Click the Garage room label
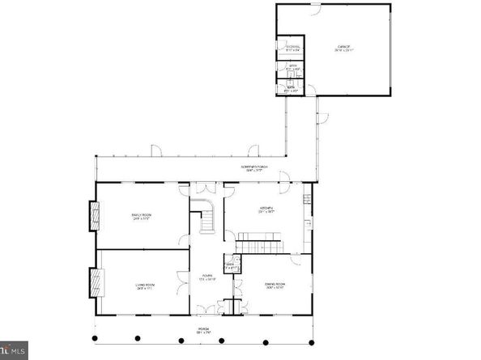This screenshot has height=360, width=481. (x=343, y=49)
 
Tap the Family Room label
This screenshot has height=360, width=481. (x=142, y=216)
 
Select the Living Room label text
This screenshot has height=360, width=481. (x=144, y=286)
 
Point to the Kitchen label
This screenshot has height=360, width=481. (x=264, y=210)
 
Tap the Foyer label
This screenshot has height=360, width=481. (x=207, y=277)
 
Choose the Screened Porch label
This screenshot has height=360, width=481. (x=254, y=168)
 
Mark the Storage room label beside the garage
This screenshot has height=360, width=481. (x=292, y=48)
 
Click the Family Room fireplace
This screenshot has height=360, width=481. (x=93, y=216)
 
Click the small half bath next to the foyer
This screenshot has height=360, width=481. (x=230, y=265)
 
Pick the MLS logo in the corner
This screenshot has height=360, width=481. (x=14, y=351)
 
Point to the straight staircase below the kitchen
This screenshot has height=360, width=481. (x=259, y=243)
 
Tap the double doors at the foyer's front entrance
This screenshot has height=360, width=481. (x=208, y=308)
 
